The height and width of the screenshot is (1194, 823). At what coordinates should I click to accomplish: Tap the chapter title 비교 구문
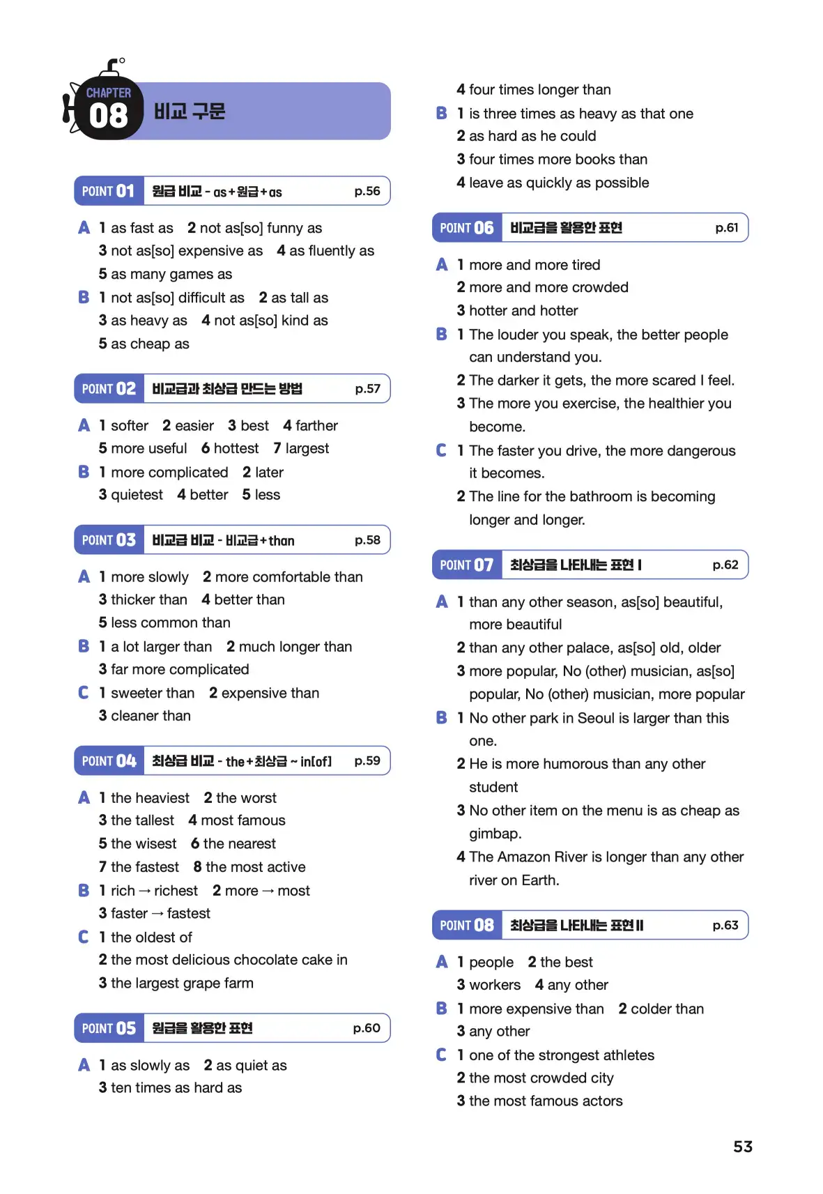click(190, 112)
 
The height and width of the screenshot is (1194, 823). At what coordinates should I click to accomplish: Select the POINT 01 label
click(109, 191)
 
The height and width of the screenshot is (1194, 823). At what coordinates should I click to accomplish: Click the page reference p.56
click(367, 191)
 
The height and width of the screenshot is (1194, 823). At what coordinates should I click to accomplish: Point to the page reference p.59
click(367, 760)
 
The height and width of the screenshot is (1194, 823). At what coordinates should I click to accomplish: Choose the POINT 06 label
click(467, 228)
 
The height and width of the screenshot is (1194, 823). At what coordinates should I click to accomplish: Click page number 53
click(743, 1147)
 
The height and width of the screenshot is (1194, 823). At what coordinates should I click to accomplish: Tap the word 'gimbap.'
click(495, 834)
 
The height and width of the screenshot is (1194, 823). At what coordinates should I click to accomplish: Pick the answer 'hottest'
click(236, 448)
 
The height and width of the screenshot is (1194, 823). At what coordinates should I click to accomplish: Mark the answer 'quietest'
click(137, 495)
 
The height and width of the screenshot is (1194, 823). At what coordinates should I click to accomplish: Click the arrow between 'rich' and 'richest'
click(145, 891)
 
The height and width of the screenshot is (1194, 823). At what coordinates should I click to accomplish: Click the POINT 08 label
click(467, 925)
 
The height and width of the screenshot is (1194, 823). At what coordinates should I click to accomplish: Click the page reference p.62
click(725, 565)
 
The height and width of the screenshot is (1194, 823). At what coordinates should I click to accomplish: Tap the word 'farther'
click(316, 425)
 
